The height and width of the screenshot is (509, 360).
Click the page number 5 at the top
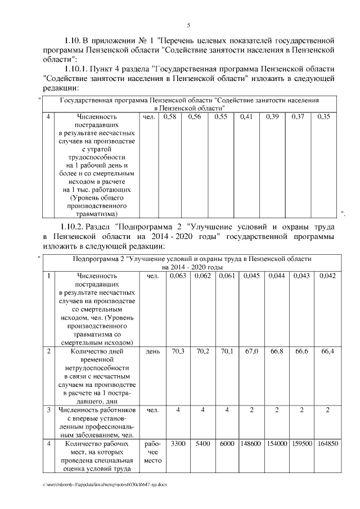coord(188,25)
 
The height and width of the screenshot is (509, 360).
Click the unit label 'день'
coord(152,351)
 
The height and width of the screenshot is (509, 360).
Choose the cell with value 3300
coord(178,443)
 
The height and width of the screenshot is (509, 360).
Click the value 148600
coord(252,443)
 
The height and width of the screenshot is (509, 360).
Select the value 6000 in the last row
coord(227,443)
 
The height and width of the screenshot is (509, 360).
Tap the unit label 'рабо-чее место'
coord(152,452)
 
